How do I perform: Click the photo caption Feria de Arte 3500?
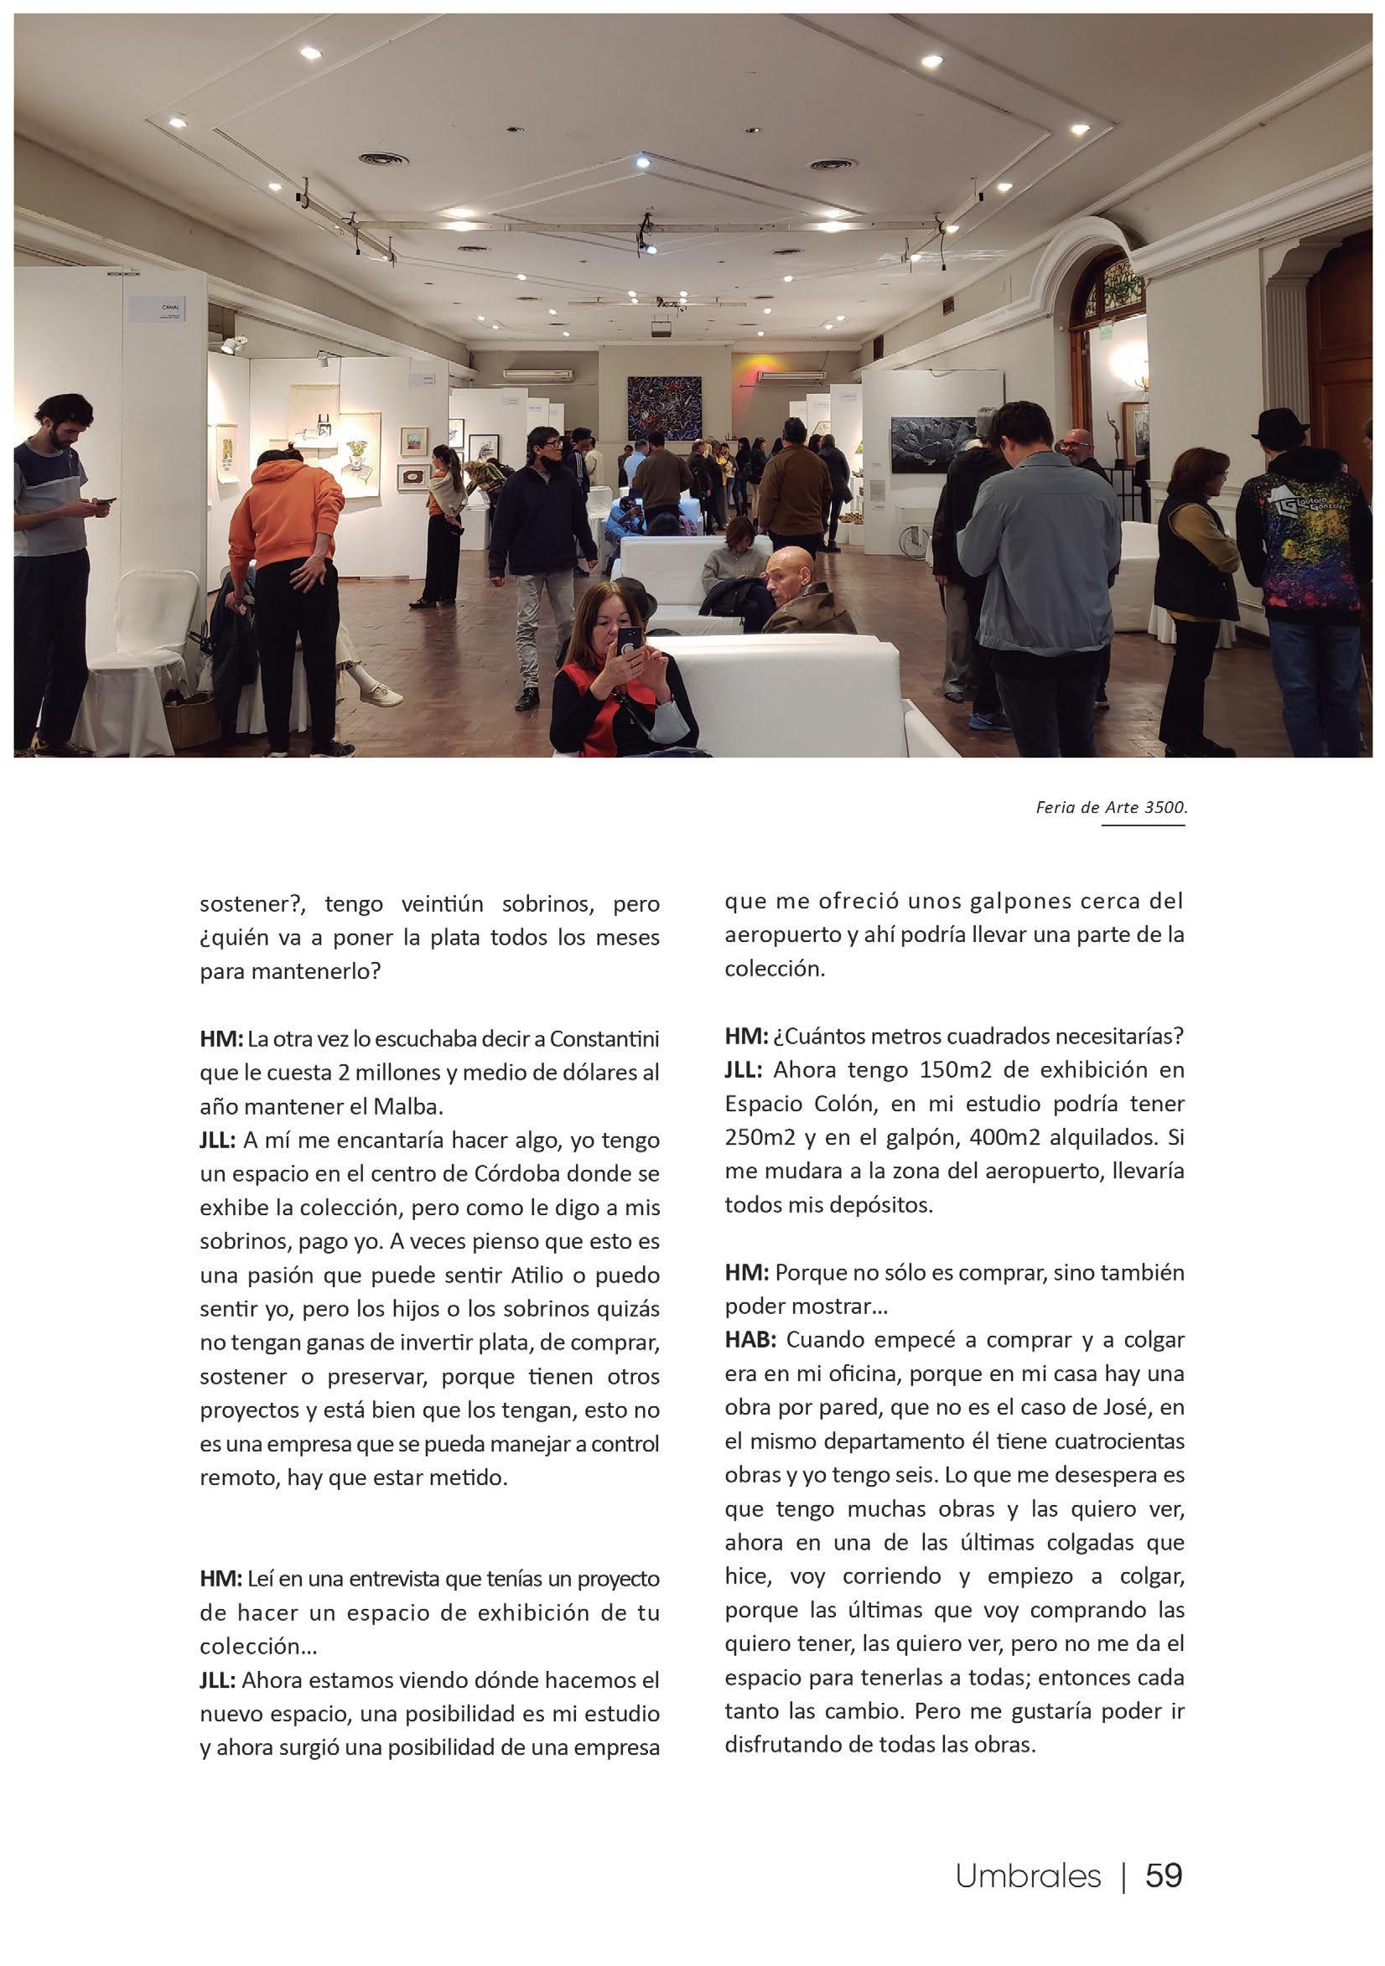point(1109,808)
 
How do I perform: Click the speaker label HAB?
point(750,1340)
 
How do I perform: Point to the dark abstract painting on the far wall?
point(663,406)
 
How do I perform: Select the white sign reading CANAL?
point(159,309)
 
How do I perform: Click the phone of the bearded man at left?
point(105,501)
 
